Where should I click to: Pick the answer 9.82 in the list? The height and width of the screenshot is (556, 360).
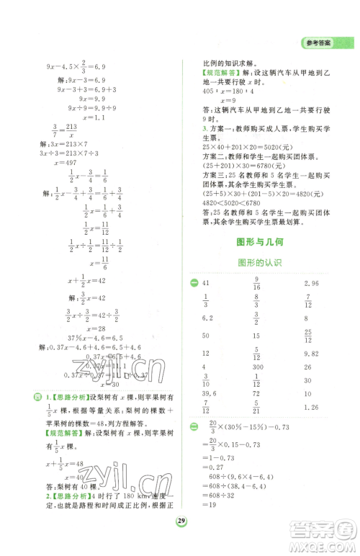point(312,354)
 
